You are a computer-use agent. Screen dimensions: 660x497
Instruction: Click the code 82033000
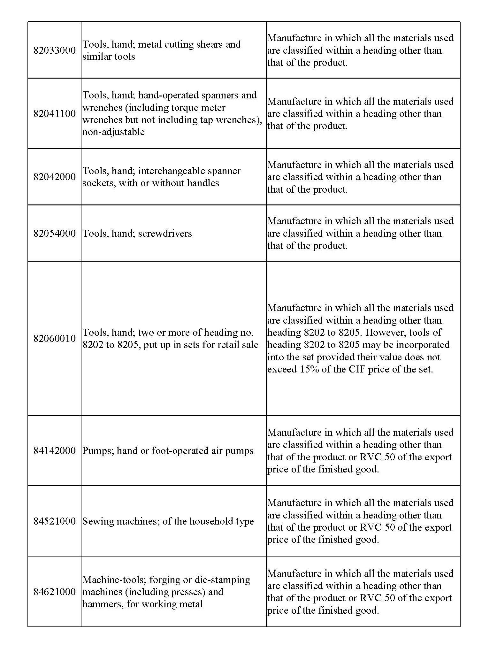coord(55,50)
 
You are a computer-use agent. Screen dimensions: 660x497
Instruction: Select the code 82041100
coord(55,114)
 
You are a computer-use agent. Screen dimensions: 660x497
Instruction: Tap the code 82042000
coord(55,177)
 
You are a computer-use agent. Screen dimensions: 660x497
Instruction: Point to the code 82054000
coord(55,234)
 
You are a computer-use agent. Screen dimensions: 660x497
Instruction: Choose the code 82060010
coord(55,339)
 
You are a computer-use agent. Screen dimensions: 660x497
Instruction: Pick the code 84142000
coord(55,451)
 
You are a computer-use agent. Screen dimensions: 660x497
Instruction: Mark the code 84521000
coord(55,521)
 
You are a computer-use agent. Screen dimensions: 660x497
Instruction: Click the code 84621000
coord(55,592)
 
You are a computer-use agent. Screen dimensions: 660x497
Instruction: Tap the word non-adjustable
coord(113,132)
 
